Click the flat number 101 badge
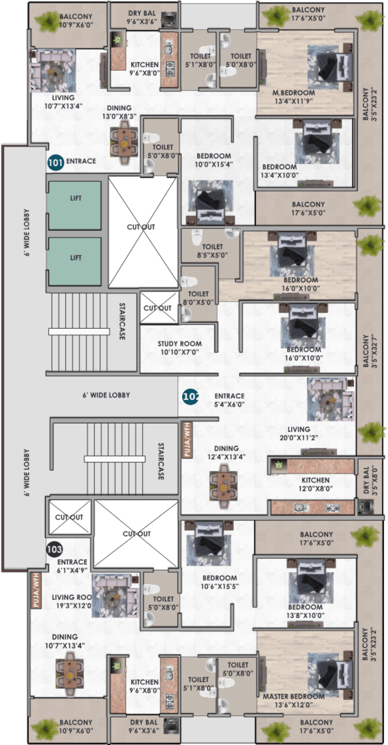pyautogui.click(x=56, y=163)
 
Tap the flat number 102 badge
pyautogui.click(x=190, y=397)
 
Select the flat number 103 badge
pyautogui.click(x=54, y=549)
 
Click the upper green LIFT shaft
pyautogui.click(x=75, y=205)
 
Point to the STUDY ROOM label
pyautogui.click(x=180, y=344)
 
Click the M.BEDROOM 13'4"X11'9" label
pyautogui.click(x=294, y=97)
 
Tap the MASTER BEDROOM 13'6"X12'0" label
pyautogui.click(x=294, y=701)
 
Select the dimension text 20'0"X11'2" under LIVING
pyautogui.click(x=299, y=437)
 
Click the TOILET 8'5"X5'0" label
pyautogui.click(x=213, y=251)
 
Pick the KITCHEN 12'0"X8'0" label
pyautogui.click(x=316, y=484)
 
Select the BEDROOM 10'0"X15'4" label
pyautogui.click(x=214, y=160)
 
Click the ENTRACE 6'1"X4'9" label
pyautogui.click(x=72, y=566)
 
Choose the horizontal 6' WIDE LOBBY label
pyautogui.click(x=106, y=395)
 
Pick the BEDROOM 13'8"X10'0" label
pyautogui.click(x=305, y=611)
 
